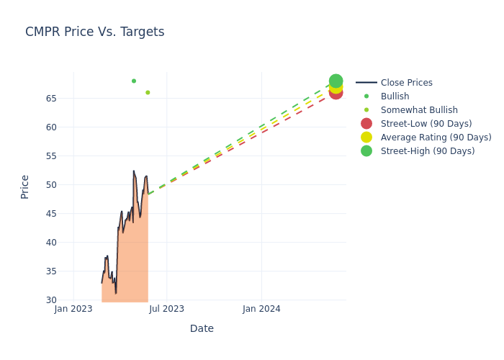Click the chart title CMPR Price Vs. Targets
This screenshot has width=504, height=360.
94,32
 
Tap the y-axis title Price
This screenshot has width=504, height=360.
25,186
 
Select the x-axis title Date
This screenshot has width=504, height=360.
202,328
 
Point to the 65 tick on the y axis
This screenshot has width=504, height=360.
62,99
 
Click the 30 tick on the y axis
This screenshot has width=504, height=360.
62,300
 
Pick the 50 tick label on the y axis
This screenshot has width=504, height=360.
62,185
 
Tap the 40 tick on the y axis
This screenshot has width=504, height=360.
62,243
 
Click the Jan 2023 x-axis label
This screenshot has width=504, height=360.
73,309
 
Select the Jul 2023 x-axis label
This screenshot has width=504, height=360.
166,309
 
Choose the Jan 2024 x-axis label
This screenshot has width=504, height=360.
261,309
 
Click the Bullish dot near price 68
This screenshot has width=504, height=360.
134,81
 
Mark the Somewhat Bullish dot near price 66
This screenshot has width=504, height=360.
148,92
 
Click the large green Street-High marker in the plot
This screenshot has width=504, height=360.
336,81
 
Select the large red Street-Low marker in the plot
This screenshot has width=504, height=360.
336,92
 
